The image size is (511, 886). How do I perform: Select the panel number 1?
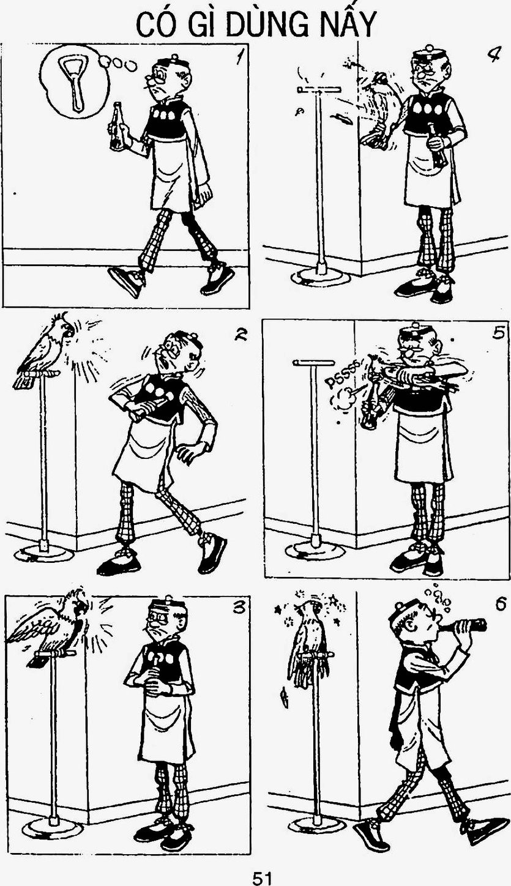tap(239, 58)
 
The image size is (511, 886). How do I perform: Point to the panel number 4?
tap(494, 54)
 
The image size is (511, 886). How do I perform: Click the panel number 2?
tap(241, 335)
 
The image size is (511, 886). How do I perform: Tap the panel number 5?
tap(498, 333)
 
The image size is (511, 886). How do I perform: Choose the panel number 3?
tap(238, 608)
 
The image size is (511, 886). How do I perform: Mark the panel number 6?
tap(500, 604)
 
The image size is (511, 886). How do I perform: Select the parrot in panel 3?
tap(50, 624)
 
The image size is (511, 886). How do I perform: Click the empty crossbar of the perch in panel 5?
tap(314, 362)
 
